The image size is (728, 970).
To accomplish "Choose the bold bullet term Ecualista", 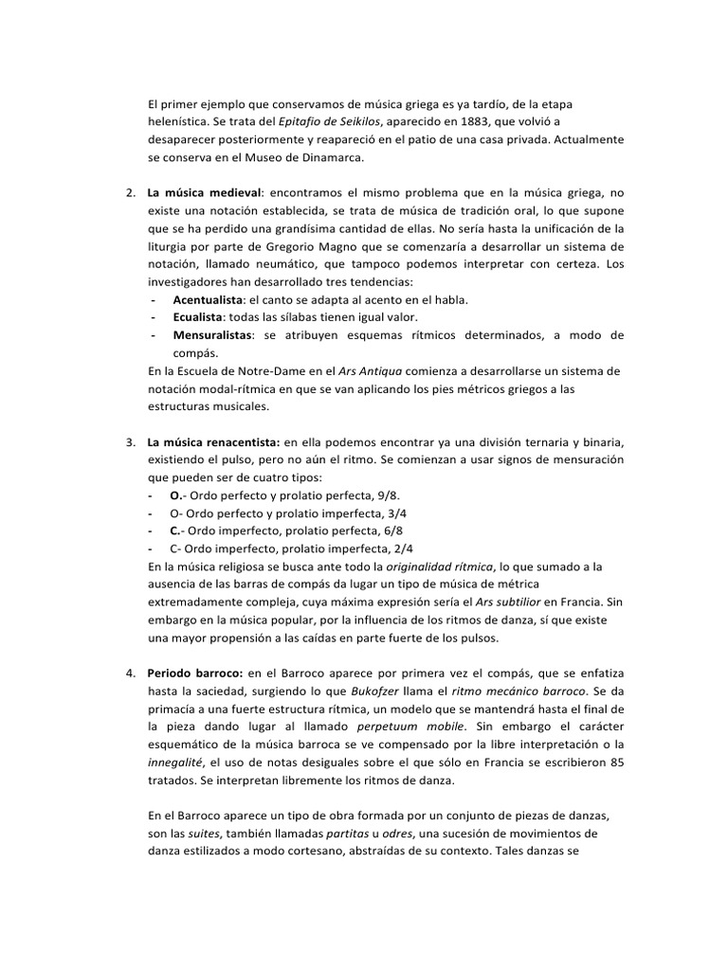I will click(198, 317).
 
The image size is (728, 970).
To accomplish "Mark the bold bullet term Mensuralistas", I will click(212, 335).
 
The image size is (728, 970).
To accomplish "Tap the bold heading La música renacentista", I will click(213, 442).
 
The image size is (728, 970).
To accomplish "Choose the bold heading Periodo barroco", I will click(195, 674).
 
